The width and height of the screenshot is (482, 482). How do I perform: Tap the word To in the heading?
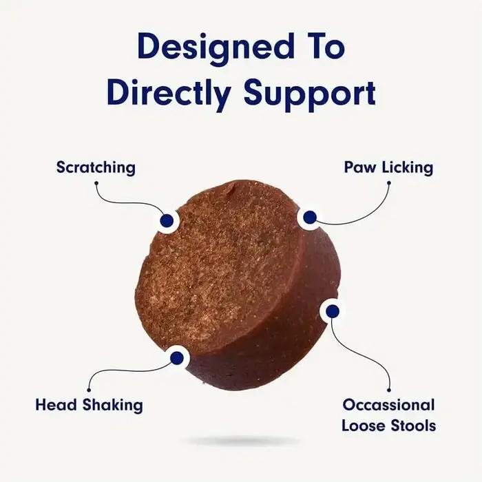coord(326,45)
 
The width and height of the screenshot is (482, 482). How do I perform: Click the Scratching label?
coord(96,168)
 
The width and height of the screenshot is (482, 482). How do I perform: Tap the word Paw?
coord(360,167)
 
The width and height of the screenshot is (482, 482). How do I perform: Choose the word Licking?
coord(408,168)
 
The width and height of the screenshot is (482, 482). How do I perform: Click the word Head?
coord(56,405)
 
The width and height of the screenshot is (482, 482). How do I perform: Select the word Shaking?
coord(112,406)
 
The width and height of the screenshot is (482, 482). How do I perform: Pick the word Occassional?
coord(389,405)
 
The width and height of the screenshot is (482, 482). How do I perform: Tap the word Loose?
coord(364,426)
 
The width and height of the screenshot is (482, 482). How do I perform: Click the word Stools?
coord(413,426)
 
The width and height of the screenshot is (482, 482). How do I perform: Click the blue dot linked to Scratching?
coord(167,220)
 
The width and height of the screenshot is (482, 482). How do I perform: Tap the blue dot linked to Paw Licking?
coord(310,218)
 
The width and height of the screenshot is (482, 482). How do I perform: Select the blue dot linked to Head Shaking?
coord(177,358)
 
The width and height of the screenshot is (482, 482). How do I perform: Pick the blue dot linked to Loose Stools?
coord(333,311)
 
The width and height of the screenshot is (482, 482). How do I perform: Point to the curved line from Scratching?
coord(123,203)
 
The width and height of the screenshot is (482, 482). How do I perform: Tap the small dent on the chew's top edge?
coord(233,189)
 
